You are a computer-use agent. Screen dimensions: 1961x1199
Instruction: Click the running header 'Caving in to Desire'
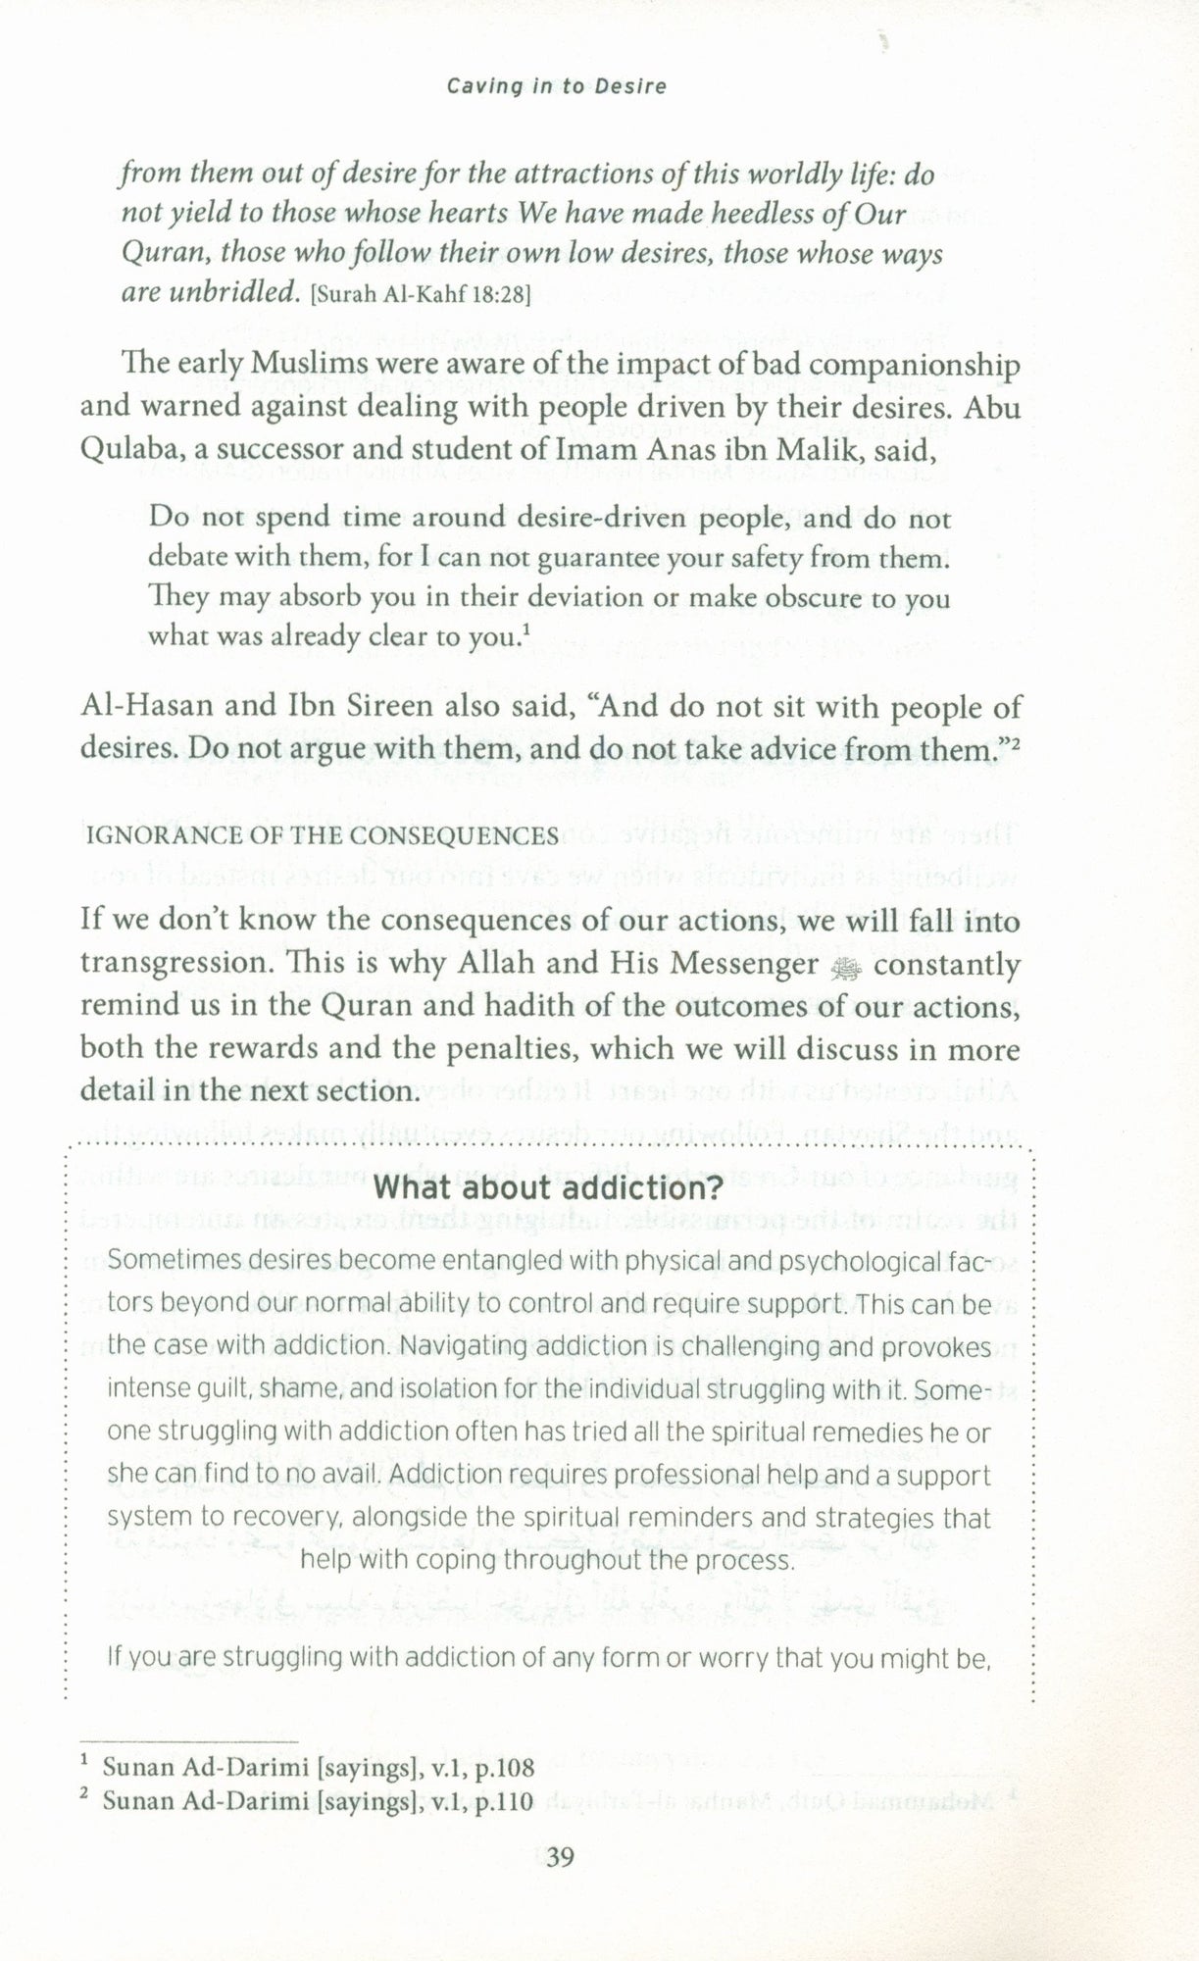point(556,86)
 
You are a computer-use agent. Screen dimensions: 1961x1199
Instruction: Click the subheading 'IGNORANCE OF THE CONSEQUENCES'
point(323,835)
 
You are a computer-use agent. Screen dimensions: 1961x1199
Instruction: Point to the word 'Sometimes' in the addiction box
point(169,1261)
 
